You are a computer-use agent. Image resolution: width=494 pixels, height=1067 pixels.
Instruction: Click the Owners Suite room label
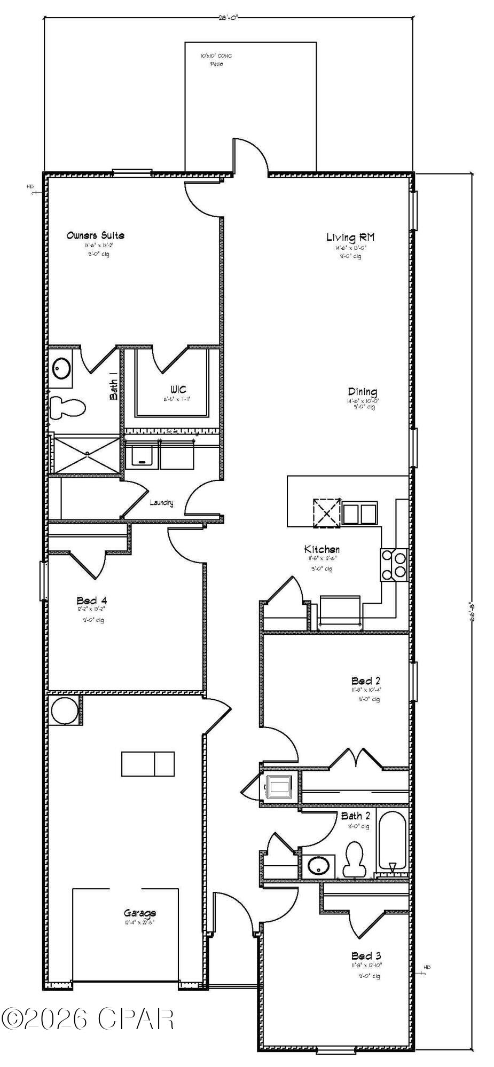point(96,235)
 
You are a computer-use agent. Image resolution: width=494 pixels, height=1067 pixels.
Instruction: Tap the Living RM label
point(350,238)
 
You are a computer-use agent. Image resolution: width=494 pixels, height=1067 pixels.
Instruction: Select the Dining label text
point(363,392)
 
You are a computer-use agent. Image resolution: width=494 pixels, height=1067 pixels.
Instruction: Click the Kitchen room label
point(322,549)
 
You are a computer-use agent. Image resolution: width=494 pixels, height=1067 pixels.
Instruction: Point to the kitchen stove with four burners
point(394,565)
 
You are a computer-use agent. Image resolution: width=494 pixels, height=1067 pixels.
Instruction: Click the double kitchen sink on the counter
point(359,514)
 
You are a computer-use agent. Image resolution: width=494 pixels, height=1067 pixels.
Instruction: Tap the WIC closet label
point(178,389)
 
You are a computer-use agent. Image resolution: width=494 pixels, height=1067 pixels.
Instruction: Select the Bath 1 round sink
point(62,368)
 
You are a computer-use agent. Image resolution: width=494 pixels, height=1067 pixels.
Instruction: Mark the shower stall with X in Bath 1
point(87,454)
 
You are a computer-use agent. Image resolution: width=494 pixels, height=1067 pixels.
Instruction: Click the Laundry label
point(161,502)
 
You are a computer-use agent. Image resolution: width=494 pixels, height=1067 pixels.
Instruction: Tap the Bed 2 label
point(366,681)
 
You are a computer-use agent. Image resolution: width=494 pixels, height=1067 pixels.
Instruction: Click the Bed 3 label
point(366,955)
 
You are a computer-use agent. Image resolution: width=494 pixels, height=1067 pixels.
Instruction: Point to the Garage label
point(140,913)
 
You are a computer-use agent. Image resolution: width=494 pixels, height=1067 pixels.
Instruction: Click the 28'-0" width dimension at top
point(228,17)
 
